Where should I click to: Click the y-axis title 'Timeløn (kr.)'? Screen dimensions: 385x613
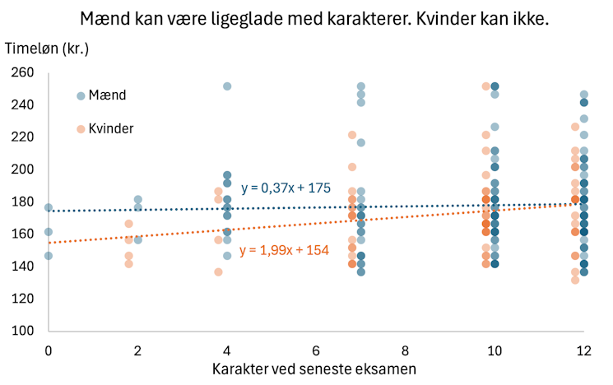(47, 48)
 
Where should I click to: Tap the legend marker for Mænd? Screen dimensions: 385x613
(81, 95)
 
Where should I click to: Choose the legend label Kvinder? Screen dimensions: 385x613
(111, 128)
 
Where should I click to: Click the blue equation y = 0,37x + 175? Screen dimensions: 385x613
(286, 188)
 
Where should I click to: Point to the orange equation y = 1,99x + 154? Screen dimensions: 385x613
(284, 250)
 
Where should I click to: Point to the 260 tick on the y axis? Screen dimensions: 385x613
(23, 73)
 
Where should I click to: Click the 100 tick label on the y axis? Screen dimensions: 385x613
(23, 331)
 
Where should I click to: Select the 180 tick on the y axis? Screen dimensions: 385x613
(23, 202)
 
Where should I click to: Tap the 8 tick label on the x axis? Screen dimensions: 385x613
(405, 350)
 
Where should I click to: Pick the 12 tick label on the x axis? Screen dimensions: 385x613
(583, 350)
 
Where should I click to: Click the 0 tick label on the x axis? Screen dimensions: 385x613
(49, 350)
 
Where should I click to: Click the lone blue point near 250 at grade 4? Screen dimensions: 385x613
(227, 86)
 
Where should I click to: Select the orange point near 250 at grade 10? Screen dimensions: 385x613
(486, 86)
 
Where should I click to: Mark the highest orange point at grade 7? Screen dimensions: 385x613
(352, 135)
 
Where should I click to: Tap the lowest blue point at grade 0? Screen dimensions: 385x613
(49, 256)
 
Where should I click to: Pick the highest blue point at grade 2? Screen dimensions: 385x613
(138, 200)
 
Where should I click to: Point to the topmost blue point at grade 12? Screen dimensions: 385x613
(584, 95)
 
